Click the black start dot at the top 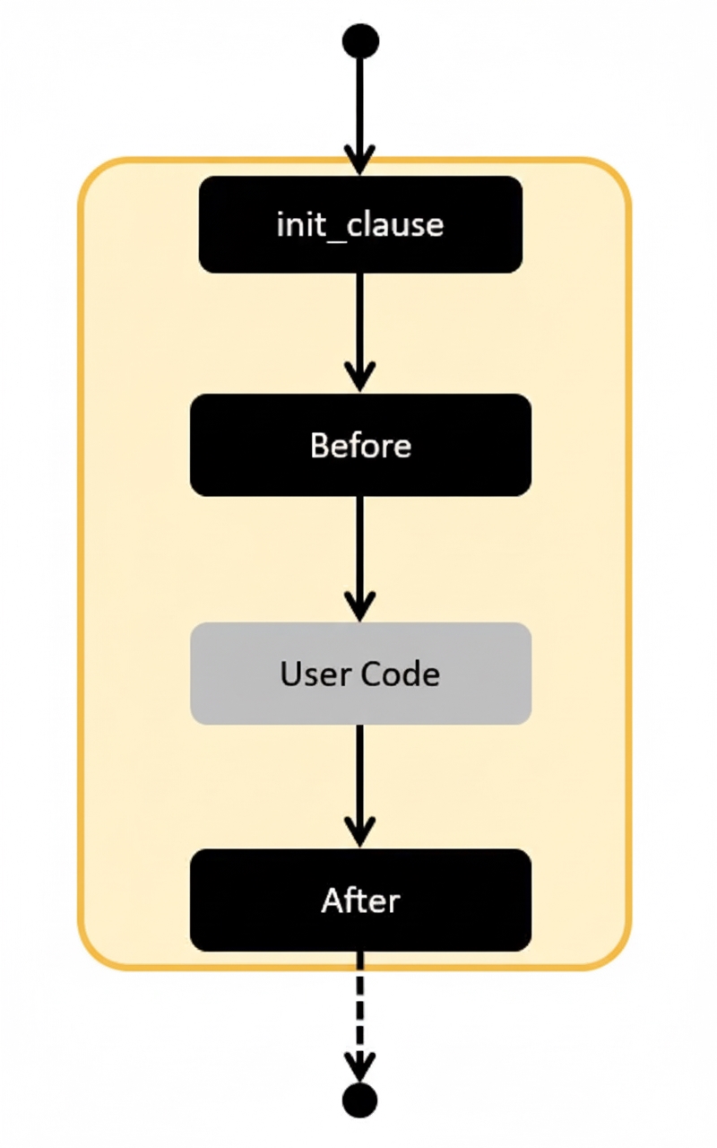click(x=360, y=41)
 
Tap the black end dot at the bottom click(x=360, y=1100)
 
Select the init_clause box click(x=360, y=224)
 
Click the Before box click(x=360, y=445)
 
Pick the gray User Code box click(x=360, y=673)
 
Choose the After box click(x=360, y=900)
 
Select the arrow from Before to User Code click(x=360, y=552)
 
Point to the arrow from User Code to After click(x=360, y=780)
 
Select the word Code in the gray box click(x=401, y=674)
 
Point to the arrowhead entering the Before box click(x=360, y=377)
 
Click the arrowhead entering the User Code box click(x=360, y=606)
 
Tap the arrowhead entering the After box click(x=360, y=832)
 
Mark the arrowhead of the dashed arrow click(x=360, y=1067)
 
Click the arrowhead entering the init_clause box click(x=360, y=161)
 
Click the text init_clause click(x=360, y=224)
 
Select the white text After click(x=360, y=900)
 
